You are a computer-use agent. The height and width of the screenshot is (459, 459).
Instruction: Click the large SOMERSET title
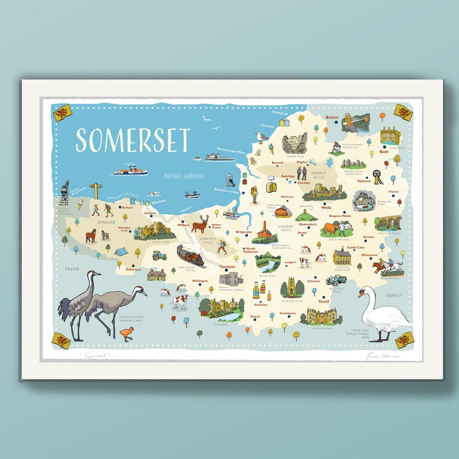tap(132, 140)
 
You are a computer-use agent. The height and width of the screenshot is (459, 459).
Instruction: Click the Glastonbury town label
tap(308, 224)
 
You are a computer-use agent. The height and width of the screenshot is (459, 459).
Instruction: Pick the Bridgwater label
tap(244, 232)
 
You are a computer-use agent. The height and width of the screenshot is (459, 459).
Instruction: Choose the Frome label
tap(394, 191)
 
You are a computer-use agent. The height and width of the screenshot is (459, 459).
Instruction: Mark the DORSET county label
tap(394, 295)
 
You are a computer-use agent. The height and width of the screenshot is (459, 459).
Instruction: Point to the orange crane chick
tap(127, 333)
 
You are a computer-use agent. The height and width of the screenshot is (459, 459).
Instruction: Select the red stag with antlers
tap(200, 223)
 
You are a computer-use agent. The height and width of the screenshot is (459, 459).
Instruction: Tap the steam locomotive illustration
tap(190, 255)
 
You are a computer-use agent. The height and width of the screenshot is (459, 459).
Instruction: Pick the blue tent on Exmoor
tap(121, 251)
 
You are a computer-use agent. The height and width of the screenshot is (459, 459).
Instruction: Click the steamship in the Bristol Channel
tap(131, 171)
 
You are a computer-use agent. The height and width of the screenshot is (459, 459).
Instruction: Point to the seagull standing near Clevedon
tap(261, 137)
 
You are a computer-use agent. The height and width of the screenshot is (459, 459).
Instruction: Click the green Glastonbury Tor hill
tap(307, 214)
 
